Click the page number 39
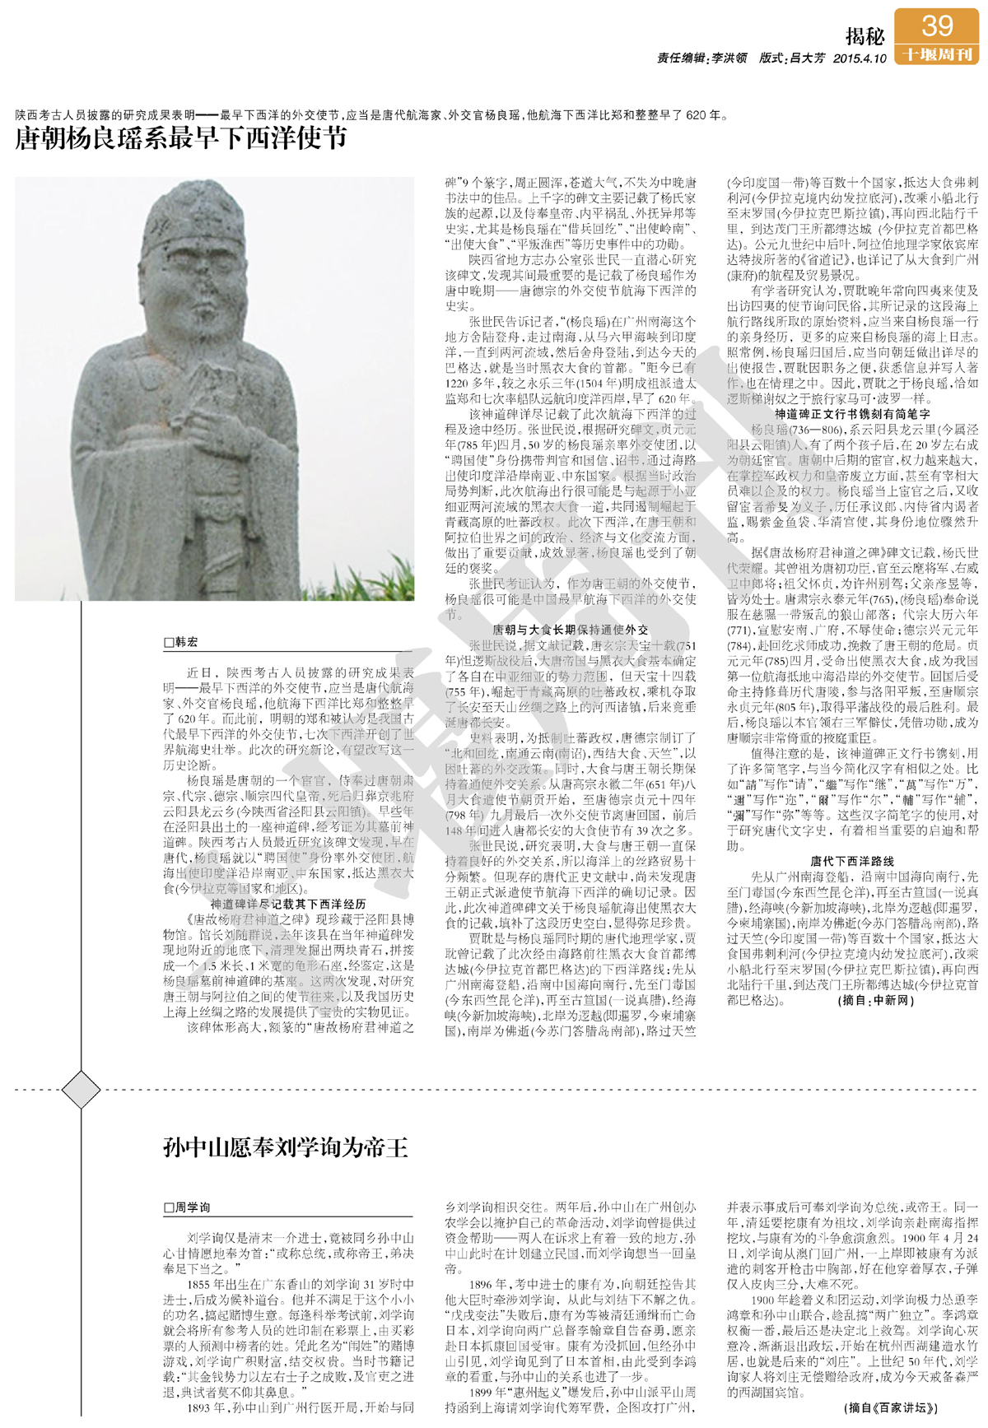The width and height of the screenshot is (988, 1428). click(x=937, y=26)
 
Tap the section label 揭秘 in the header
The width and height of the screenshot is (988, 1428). click(x=864, y=37)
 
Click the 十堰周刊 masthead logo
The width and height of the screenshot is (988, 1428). click(x=937, y=54)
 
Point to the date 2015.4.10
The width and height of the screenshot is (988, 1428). click(x=860, y=58)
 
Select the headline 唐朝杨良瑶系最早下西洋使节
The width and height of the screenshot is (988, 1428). click(x=181, y=137)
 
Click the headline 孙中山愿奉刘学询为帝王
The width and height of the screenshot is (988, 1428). click(x=285, y=1147)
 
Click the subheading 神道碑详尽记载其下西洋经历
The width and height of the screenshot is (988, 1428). click(x=288, y=903)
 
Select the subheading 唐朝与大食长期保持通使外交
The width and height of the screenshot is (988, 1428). click(x=570, y=630)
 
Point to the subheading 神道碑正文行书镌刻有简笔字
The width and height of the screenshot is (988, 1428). click(x=852, y=414)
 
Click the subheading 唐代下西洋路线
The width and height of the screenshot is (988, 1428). click(x=852, y=861)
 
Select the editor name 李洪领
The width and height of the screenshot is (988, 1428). click(x=729, y=58)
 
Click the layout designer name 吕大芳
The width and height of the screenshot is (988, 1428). click(x=806, y=58)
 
